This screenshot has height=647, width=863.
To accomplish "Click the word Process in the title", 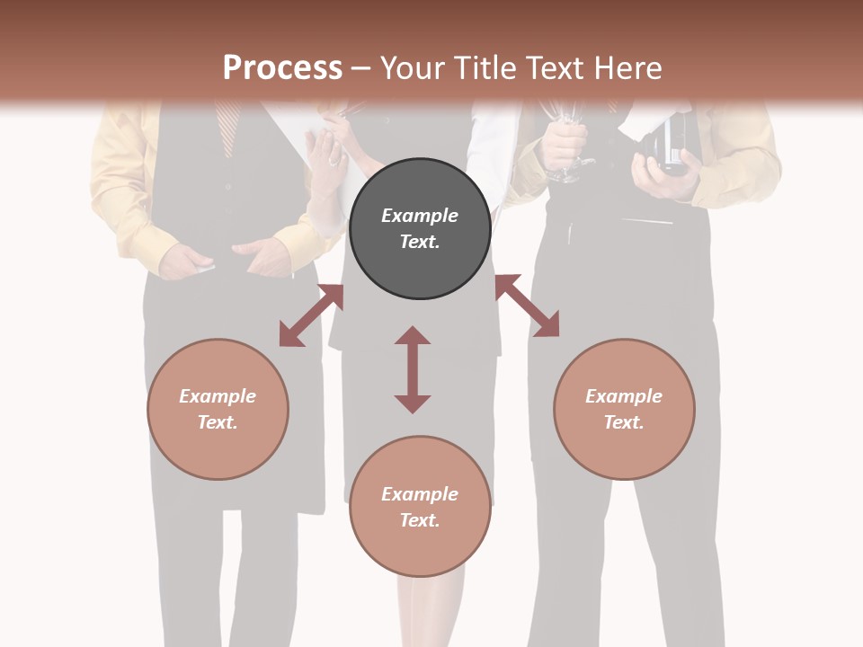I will tap(282, 68).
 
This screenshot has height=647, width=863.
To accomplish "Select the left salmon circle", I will tap(218, 409).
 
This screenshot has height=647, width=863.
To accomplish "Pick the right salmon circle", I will tap(624, 409).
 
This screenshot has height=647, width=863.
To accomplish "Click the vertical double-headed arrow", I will tap(413, 369).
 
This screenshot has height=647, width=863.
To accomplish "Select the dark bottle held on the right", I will tap(672, 144).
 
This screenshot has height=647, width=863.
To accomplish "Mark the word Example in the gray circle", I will tap(420, 216).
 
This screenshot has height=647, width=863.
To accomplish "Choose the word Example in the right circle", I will tap(624, 396).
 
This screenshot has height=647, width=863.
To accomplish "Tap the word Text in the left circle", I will tap(217, 422).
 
